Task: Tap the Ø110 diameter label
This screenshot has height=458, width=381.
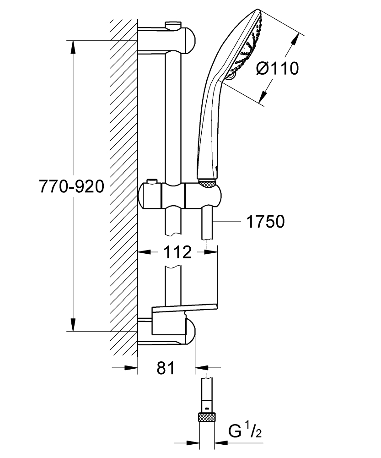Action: pos(277,69)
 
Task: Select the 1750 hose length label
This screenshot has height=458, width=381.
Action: pos(265,222)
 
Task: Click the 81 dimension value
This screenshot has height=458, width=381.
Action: pos(165,367)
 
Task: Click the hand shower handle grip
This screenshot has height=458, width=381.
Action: pos(208,128)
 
